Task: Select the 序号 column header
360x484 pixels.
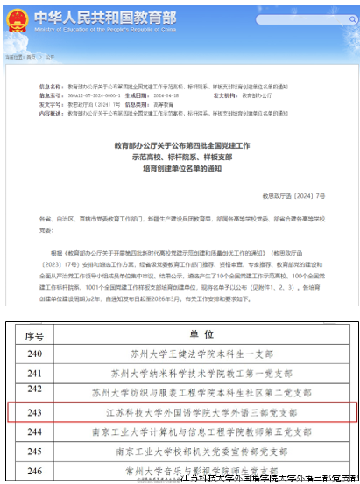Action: (x=35, y=334)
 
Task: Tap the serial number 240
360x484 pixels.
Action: (x=35, y=354)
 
